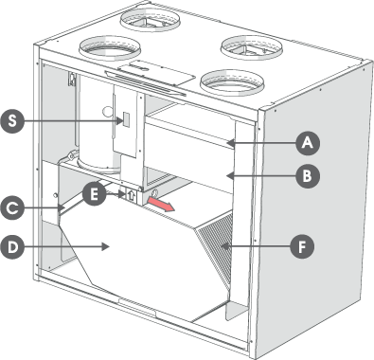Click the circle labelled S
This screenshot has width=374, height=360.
(x=12, y=121)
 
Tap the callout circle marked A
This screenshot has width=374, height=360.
(x=308, y=143)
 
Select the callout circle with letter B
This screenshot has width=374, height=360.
(x=308, y=175)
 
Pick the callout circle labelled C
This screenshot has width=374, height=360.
(x=12, y=208)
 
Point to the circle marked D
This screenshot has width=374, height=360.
(x=12, y=247)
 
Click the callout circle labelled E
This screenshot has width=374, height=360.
(x=94, y=194)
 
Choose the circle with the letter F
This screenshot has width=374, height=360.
(x=302, y=246)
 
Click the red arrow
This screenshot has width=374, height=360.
(x=161, y=204)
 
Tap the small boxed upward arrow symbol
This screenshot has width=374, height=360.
(x=132, y=196)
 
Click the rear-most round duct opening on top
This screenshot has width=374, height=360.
(x=150, y=20)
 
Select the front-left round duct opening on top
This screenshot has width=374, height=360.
(x=109, y=48)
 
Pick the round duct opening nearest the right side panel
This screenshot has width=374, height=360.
(x=252, y=46)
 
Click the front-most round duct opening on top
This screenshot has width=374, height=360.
(x=232, y=82)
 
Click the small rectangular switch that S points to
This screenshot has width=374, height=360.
(x=125, y=119)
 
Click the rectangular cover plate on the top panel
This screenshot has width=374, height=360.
(x=156, y=73)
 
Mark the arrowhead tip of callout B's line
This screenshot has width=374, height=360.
(x=228, y=175)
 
